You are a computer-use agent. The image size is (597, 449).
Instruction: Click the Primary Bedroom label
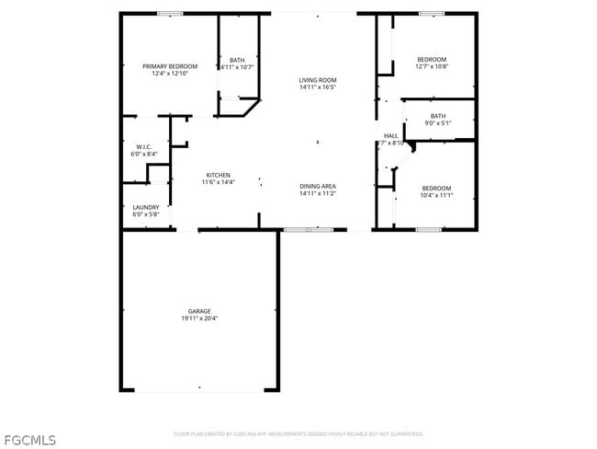170,66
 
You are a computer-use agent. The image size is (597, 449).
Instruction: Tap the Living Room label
318,80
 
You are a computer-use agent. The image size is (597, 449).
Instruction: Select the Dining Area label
318,187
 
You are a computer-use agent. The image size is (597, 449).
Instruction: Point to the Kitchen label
218,175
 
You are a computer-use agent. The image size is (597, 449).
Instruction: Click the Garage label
199,311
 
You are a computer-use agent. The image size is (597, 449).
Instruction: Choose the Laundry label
145,207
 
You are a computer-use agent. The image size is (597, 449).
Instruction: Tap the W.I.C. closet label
143,147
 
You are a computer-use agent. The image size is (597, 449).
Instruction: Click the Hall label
390,136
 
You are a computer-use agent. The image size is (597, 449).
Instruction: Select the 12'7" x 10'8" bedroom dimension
431,66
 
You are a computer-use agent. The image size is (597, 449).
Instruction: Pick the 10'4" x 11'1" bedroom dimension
436,195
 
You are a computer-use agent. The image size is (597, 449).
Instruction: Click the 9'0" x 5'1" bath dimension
437,122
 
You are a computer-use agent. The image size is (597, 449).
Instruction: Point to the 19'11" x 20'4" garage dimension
199,318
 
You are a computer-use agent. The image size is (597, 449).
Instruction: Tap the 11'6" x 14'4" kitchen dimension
219,182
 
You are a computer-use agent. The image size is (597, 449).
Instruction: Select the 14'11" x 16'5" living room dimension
318,87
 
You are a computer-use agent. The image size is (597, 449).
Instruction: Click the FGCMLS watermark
29,439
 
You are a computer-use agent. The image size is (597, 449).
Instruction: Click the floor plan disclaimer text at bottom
298,433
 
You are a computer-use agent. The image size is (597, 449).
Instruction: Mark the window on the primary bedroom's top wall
169,13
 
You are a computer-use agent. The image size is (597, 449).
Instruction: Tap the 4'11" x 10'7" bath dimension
237,67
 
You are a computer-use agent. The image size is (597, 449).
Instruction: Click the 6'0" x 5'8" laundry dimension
145,214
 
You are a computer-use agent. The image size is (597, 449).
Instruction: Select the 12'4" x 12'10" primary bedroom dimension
170,74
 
